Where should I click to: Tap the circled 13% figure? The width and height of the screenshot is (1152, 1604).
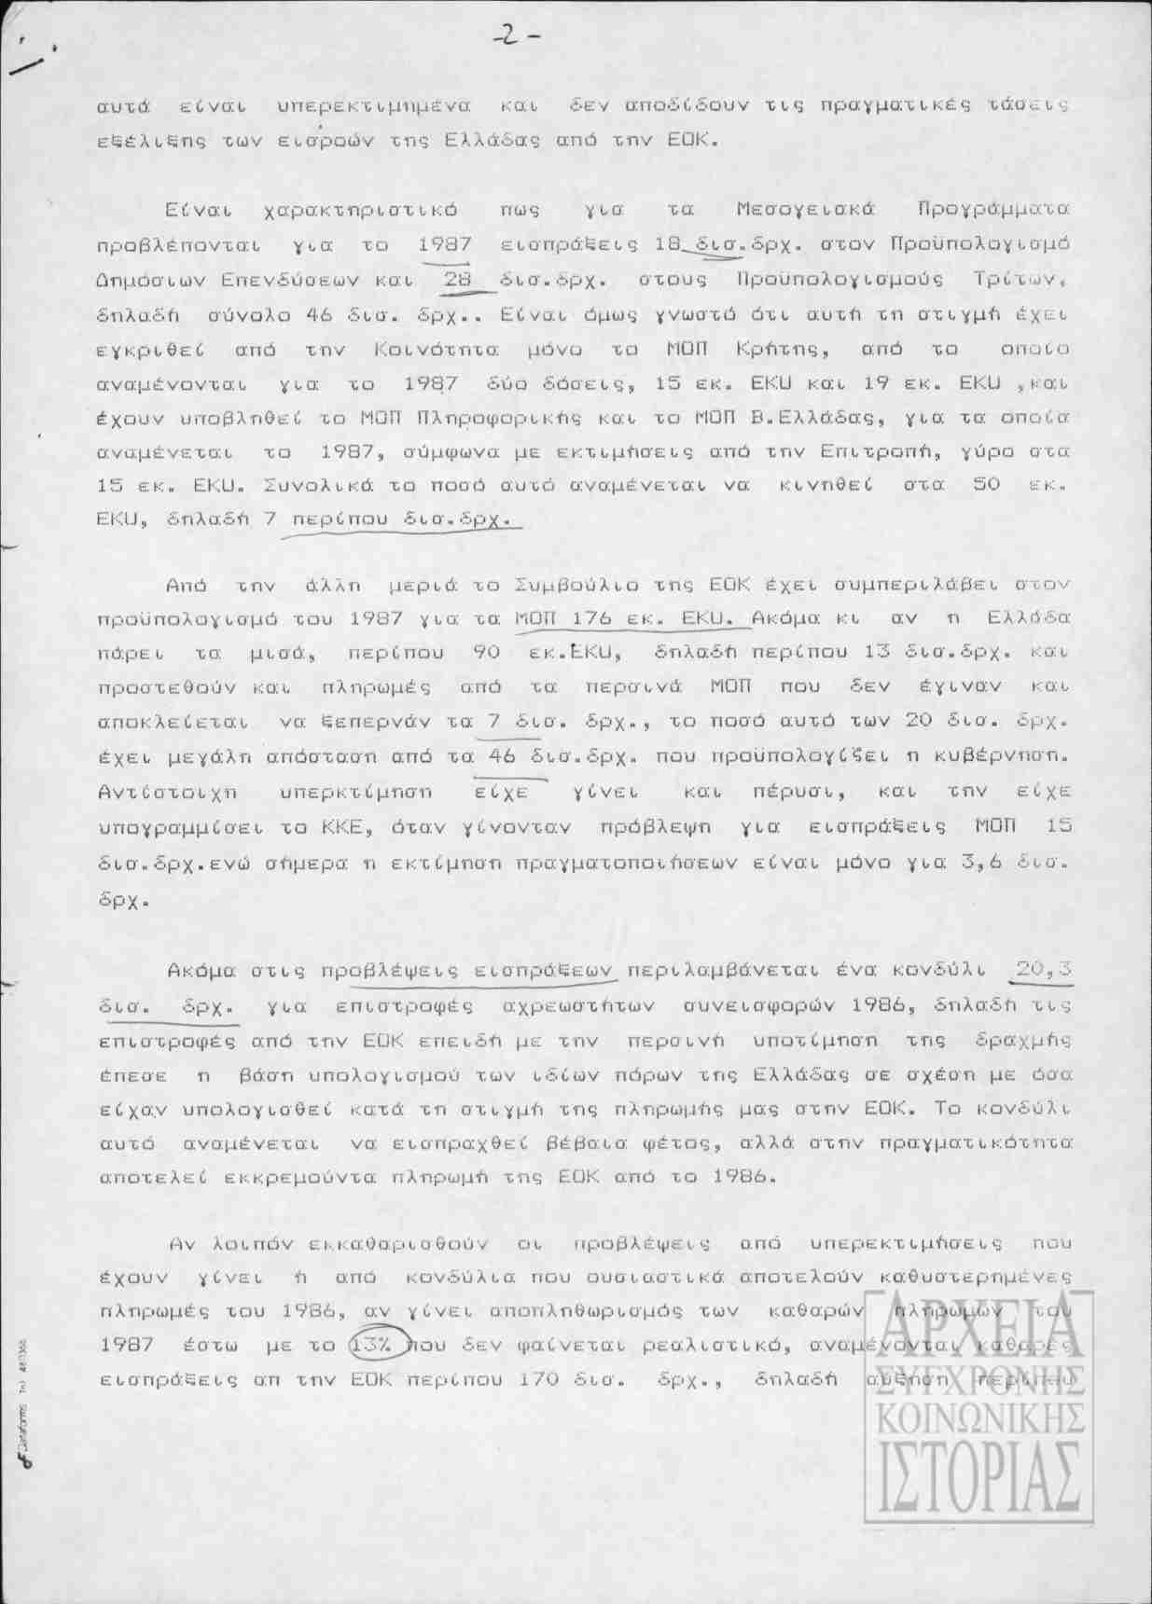pos(376,1345)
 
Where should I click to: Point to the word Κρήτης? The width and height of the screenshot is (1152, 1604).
pos(788,349)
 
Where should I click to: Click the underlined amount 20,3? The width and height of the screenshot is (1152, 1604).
pos(1043,971)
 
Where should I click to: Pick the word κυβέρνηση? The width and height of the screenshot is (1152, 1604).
pos(1008,757)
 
